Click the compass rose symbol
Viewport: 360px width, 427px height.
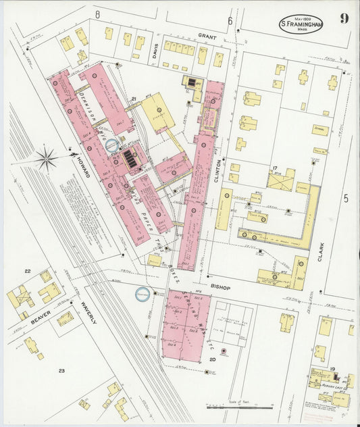pos(47,159)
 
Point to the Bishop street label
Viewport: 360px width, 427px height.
pos(220,287)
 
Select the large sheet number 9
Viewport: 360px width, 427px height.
pos(344,19)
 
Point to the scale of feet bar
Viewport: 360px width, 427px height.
pos(240,407)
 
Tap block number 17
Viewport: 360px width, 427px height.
pos(275,168)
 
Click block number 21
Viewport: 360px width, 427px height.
pos(135,100)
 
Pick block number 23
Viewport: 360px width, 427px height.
pos(61,370)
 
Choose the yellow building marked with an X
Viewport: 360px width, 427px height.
pos(280,180)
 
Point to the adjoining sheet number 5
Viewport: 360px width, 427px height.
pos(345,198)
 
